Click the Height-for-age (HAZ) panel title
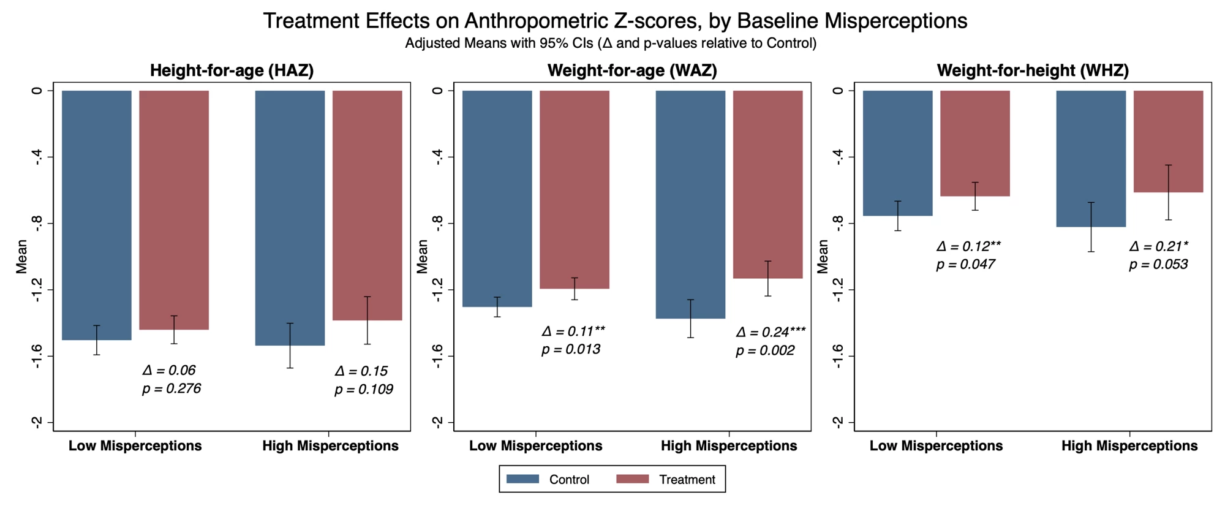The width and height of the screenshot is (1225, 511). pyautogui.click(x=232, y=70)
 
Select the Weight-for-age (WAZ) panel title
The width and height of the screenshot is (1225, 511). pyautogui.click(x=632, y=70)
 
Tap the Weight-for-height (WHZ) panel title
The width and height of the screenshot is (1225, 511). pyautogui.click(x=1033, y=70)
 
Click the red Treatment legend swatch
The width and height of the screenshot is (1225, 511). pyautogui.click(x=632, y=479)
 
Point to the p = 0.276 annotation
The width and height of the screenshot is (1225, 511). pyautogui.click(x=171, y=389)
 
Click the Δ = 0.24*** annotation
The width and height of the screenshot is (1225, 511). pyautogui.click(x=771, y=332)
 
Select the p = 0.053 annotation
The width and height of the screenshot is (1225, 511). pyautogui.click(x=1158, y=265)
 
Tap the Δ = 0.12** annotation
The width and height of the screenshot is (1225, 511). pyautogui.click(x=968, y=246)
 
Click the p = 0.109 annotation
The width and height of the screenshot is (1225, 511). pyautogui.click(x=364, y=390)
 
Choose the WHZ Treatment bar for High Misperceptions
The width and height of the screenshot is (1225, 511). pyautogui.click(x=1168, y=142)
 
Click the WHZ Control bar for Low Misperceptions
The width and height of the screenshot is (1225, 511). pyautogui.click(x=897, y=153)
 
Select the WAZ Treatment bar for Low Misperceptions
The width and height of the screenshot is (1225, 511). pyautogui.click(x=574, y=189)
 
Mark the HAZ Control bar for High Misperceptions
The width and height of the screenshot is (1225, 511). pyautogui.click(x=290, y=218)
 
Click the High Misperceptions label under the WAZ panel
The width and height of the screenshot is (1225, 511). pyautogui.click(x=729, y=446)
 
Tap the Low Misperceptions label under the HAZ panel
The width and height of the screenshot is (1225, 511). pyautogui.click(x=135, y=446)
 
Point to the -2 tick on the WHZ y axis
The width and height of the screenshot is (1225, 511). pyautogui.click(x=838, y=422)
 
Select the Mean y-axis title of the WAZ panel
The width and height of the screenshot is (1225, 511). pyautogui.click(x=422, y=256)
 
